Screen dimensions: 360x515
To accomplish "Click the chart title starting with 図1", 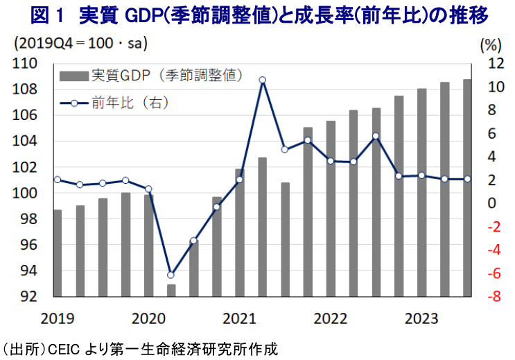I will coord(256,14).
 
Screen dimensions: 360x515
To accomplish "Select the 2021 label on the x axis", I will coord(239,318).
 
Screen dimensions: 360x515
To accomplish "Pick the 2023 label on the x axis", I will coord(421,318).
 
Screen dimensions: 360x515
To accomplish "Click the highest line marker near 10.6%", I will coord(263,80).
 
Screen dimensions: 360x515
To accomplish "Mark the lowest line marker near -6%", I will coord(171,275).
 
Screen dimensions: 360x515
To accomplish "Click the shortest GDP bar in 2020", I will coord(171,291).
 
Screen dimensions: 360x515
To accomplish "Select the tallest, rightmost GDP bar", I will coord(467,188).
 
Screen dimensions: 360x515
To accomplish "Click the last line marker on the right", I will coord(467,179).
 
